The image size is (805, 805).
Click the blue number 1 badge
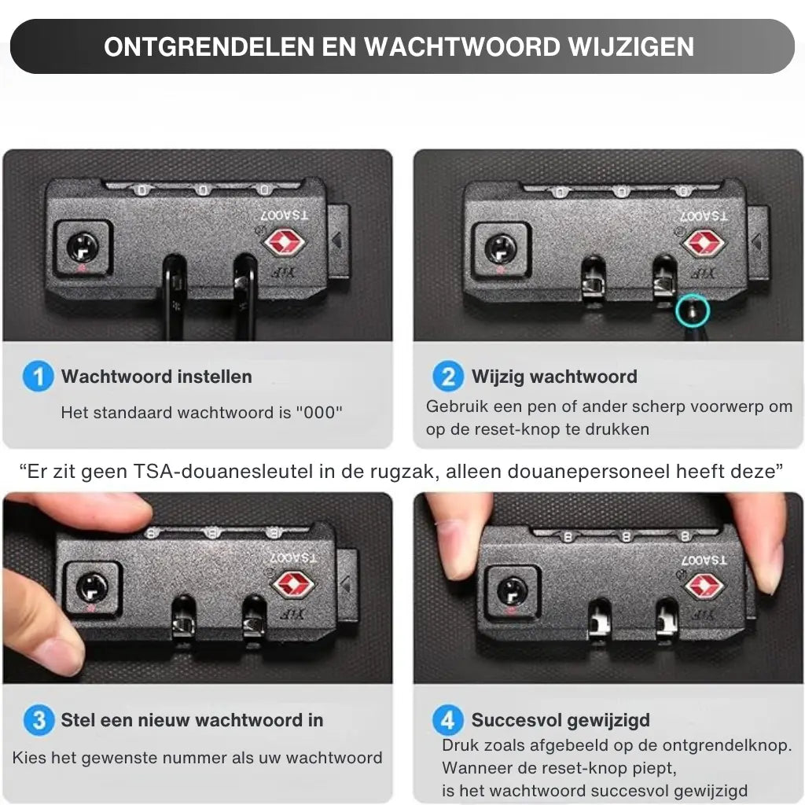click(39, 377)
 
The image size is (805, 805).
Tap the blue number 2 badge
click(448, 377)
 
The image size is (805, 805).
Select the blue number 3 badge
click(39, 720)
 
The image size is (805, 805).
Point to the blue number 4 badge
click(448, 720)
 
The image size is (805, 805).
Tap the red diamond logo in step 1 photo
click(285, 241)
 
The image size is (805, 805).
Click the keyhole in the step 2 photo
click(501, 249)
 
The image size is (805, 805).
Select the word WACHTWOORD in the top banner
click(462, 46)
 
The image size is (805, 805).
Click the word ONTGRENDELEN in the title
click(209, 46)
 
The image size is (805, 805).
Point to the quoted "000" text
click(319, 412)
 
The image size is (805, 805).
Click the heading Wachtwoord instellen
click(156, 377)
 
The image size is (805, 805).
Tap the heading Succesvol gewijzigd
click(561, 720)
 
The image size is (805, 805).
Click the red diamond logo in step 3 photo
click(293, 585)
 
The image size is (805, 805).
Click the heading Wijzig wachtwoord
click(554, 377)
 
